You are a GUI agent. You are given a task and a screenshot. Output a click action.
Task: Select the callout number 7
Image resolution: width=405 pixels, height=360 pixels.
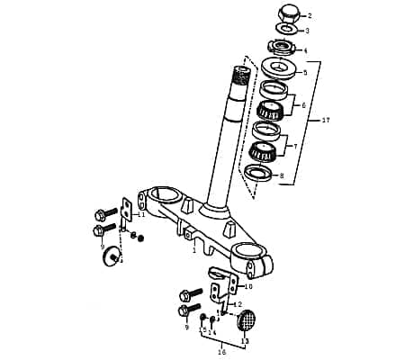[293, 145]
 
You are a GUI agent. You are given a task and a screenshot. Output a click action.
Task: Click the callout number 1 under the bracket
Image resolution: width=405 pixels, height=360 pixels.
[193, 251]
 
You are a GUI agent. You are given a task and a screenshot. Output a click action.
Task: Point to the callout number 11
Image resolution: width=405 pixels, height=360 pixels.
[140, 214]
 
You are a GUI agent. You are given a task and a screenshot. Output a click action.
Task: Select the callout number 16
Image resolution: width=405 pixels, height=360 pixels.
[221, 352]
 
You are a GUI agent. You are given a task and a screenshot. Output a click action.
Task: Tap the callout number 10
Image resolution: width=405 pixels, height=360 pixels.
[248, 286]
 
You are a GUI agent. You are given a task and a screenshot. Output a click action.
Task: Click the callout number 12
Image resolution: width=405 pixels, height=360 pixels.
[238, 304]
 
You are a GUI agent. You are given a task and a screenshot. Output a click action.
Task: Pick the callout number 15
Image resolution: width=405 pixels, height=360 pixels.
[202, 331]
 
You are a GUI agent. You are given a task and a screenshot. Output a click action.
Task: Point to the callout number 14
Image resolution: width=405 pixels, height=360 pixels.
[213, 331]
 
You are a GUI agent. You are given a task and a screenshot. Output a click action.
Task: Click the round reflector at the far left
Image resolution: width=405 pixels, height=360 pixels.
[112, 256]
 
